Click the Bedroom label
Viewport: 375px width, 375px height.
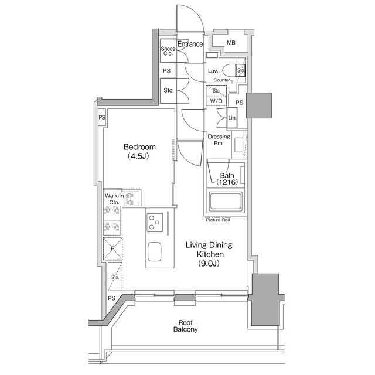[139, 151]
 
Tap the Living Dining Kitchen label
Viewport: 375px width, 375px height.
[209, 254]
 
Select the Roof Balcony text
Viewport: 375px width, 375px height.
[185, 326]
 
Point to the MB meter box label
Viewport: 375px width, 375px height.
[231, 43]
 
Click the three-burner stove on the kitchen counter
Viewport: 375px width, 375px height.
[155, 222]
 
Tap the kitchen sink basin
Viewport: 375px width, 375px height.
[154, 251]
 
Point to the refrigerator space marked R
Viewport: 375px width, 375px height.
[112, 248]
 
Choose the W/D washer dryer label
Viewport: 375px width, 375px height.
[216, 101]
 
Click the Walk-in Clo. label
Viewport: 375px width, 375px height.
[114, 199]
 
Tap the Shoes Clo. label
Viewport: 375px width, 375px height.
[168, 51]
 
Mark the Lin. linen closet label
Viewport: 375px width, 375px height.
[232, 118]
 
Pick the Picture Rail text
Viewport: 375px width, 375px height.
[218, 220]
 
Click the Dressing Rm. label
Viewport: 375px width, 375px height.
[219, 140]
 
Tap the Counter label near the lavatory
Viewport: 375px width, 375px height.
[221, 80]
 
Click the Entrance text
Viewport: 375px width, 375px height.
[190, 44]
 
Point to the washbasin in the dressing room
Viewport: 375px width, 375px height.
[238, 145]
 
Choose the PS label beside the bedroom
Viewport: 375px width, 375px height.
[102, 117]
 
